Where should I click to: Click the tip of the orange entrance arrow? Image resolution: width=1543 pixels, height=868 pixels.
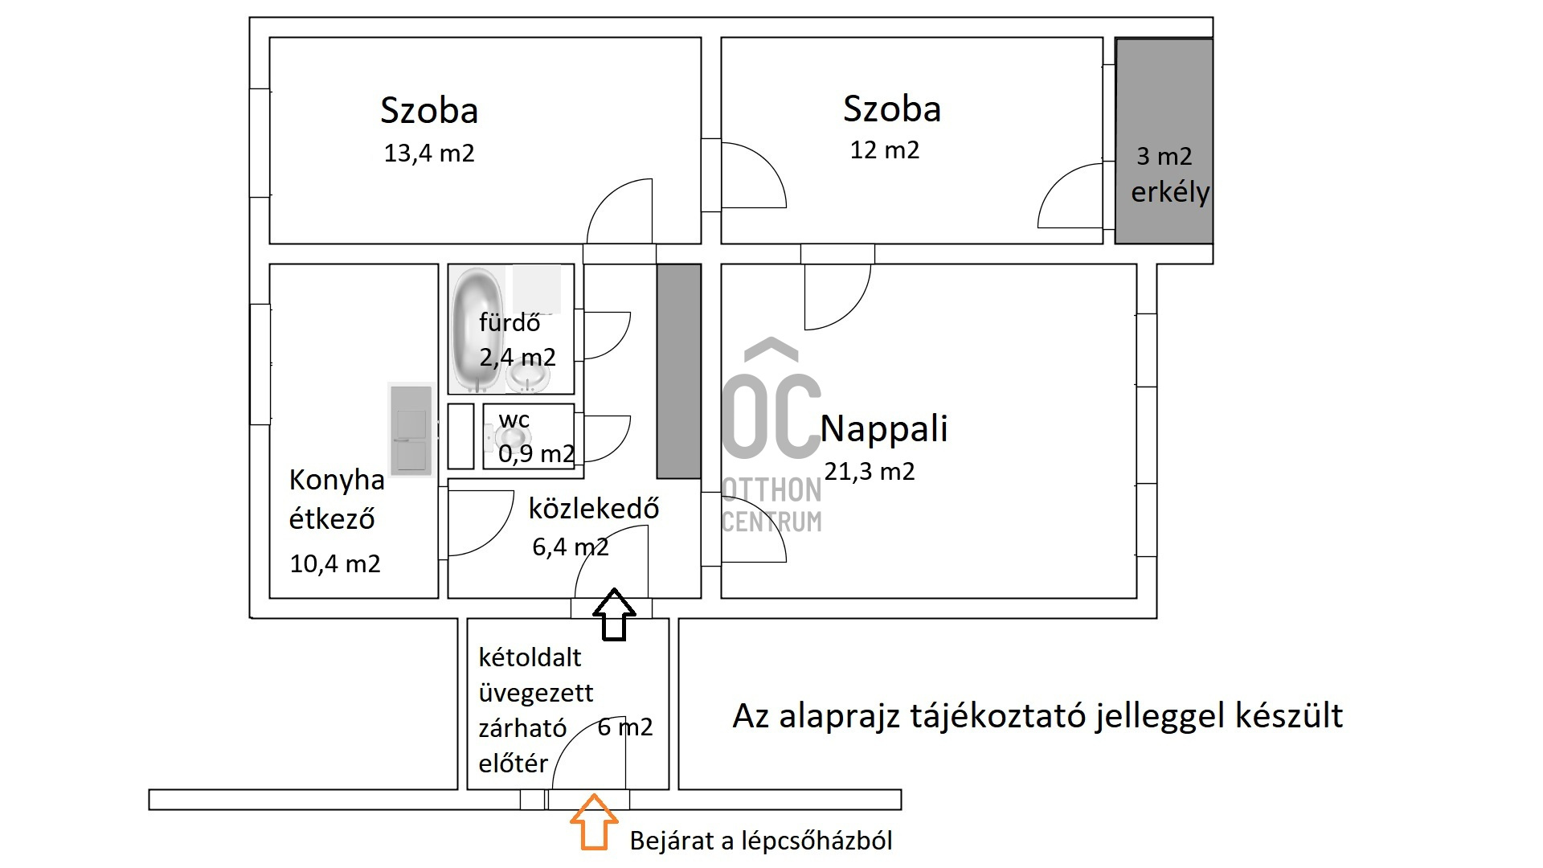[594, 794]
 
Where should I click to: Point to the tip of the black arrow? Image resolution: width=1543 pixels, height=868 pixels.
[614, 588]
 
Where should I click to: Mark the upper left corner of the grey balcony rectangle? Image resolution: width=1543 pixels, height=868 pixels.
[1115, 39]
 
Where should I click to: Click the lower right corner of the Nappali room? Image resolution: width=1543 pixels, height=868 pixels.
[1136, 598]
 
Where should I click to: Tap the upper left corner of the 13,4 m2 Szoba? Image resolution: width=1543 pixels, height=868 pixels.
[269, 38]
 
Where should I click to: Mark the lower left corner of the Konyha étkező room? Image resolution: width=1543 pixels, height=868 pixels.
[269, 598]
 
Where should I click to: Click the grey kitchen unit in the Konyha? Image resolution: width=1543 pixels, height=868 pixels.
[411, 430]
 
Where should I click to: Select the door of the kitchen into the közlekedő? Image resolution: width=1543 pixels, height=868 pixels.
[480, 523]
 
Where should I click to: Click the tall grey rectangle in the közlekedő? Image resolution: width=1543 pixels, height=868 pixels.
[679, 371]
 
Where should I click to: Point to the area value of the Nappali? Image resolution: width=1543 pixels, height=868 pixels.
[870, 472]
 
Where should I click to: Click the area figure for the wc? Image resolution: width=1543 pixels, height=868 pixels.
[536, 454]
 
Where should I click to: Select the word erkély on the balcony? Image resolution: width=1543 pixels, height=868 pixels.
[1170, 192]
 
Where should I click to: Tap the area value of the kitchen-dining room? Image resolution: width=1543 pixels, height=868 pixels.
[335, 564]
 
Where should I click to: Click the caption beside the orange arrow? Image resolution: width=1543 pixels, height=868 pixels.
[761, 841]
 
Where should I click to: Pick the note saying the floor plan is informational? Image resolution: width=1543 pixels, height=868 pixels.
[1038, 715]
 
